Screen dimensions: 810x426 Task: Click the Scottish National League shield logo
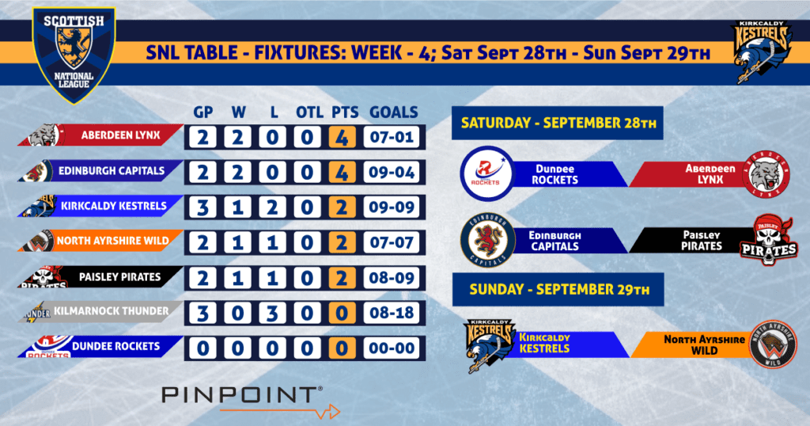click(74, 55)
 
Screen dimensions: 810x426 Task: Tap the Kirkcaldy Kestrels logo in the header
click(763, 52)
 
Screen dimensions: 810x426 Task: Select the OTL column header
click(309, 112)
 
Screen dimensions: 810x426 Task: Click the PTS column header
click(345, 112)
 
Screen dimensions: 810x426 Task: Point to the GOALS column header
click(394, 112)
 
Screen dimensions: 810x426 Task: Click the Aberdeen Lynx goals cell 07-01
click(392, 138)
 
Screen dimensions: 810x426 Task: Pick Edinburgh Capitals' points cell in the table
click(342, 172)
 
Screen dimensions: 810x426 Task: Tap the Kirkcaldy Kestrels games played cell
click(202, 207)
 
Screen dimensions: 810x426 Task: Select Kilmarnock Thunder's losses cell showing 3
click(272, 313)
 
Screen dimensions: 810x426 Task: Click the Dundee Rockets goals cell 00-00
click(392, 348)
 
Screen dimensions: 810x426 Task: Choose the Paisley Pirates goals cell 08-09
click(392, 278)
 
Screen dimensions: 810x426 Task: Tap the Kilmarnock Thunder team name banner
click(100, 311)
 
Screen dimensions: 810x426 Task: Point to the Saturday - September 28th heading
click(558, 123)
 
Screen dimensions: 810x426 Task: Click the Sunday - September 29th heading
click(558, 290)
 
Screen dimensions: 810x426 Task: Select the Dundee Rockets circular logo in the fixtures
click(487, 173)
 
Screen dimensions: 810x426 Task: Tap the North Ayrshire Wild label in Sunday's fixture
click(704, 344)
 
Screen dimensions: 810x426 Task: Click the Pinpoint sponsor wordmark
click(242, 395)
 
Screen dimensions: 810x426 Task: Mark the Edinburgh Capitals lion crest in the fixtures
click(488, 240)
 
